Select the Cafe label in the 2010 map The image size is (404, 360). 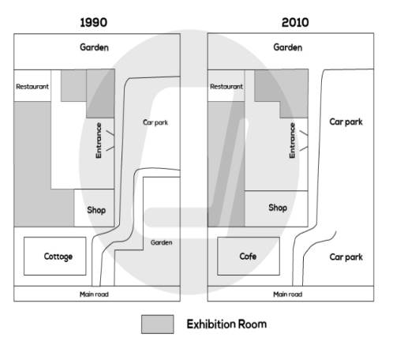pos(249,257)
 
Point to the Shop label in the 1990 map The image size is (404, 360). pos(95,210)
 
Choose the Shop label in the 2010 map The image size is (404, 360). pos(277,208)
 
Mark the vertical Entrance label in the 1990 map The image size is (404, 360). pos(99,140)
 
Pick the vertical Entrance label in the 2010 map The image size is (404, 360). pos(292,141)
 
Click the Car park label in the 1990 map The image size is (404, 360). pos(155,122)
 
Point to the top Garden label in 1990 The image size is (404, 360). pos(95,47)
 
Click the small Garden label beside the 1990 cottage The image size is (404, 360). pos(161,242)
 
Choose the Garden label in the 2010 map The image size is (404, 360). pos(287,47)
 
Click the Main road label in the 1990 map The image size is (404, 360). pos(96,294)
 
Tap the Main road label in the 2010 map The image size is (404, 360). pos(289,294)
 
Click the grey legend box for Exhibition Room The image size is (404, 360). pos(157,324)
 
